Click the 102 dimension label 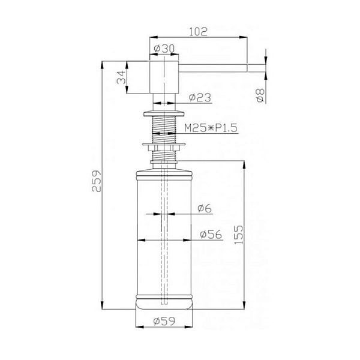click(x=198, y=32)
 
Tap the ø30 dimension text click(x=164, y=49)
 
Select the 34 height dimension click(x=121, y=77)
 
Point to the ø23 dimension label click(x=200, y=98)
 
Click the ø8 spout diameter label click(x=260, y=95)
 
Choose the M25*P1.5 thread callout click(x=211, y=128)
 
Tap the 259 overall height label click(x=97, y=181)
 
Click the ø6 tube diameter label click(x=205, y=208)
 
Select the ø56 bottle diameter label click(x=211, y=235)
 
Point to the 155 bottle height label click(x=238, y=235)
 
